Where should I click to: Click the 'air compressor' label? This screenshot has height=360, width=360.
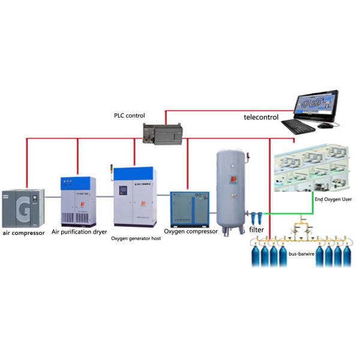[23, 232]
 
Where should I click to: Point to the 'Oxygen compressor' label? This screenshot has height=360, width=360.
[190, 231]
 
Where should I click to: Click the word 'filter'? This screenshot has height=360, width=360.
[257, 229]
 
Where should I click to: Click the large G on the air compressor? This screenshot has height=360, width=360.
[23, 210]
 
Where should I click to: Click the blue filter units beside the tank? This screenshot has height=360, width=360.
[257, 214]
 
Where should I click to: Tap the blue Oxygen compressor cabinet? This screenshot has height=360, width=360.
[189, 209]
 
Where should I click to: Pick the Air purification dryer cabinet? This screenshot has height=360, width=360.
[78, 200]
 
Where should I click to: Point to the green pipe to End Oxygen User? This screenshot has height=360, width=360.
[311, 207]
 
